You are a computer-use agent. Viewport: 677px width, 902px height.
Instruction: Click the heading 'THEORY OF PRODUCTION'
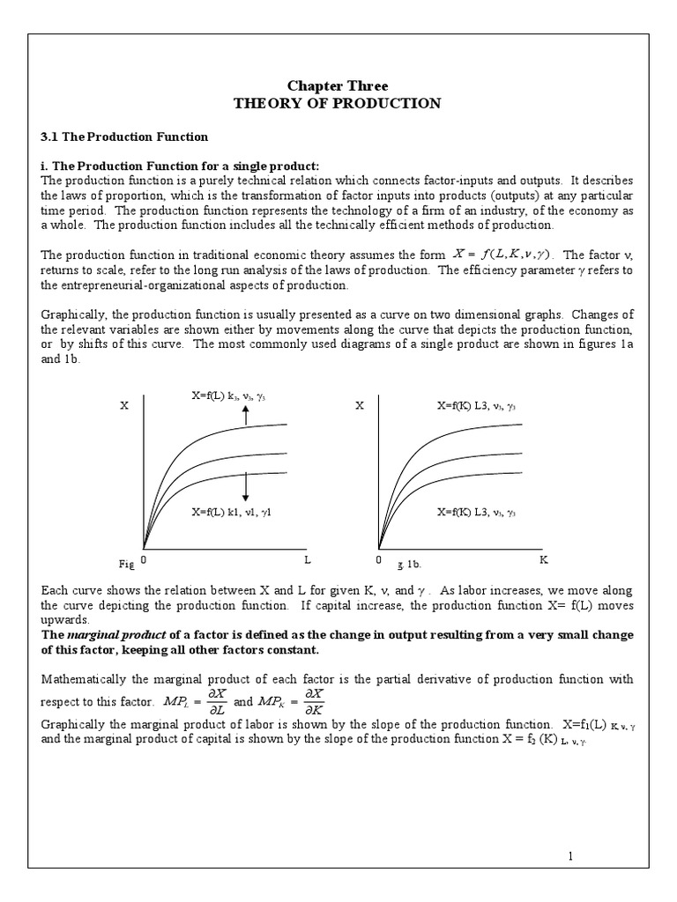point(338,103)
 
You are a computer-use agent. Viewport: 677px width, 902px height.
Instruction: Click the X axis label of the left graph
point(123,407)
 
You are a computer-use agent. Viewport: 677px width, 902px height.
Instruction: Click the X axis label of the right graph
point(360,407)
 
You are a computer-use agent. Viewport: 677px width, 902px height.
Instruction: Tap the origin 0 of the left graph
point(144,559)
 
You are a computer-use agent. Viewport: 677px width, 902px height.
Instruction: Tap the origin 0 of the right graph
point(379,559)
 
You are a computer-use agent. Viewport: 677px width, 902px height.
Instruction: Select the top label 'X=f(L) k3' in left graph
point(234,396)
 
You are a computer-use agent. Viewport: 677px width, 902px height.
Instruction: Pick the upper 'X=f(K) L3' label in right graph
point(477,407)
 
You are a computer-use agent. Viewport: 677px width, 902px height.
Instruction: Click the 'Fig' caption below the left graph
point(124,563)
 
